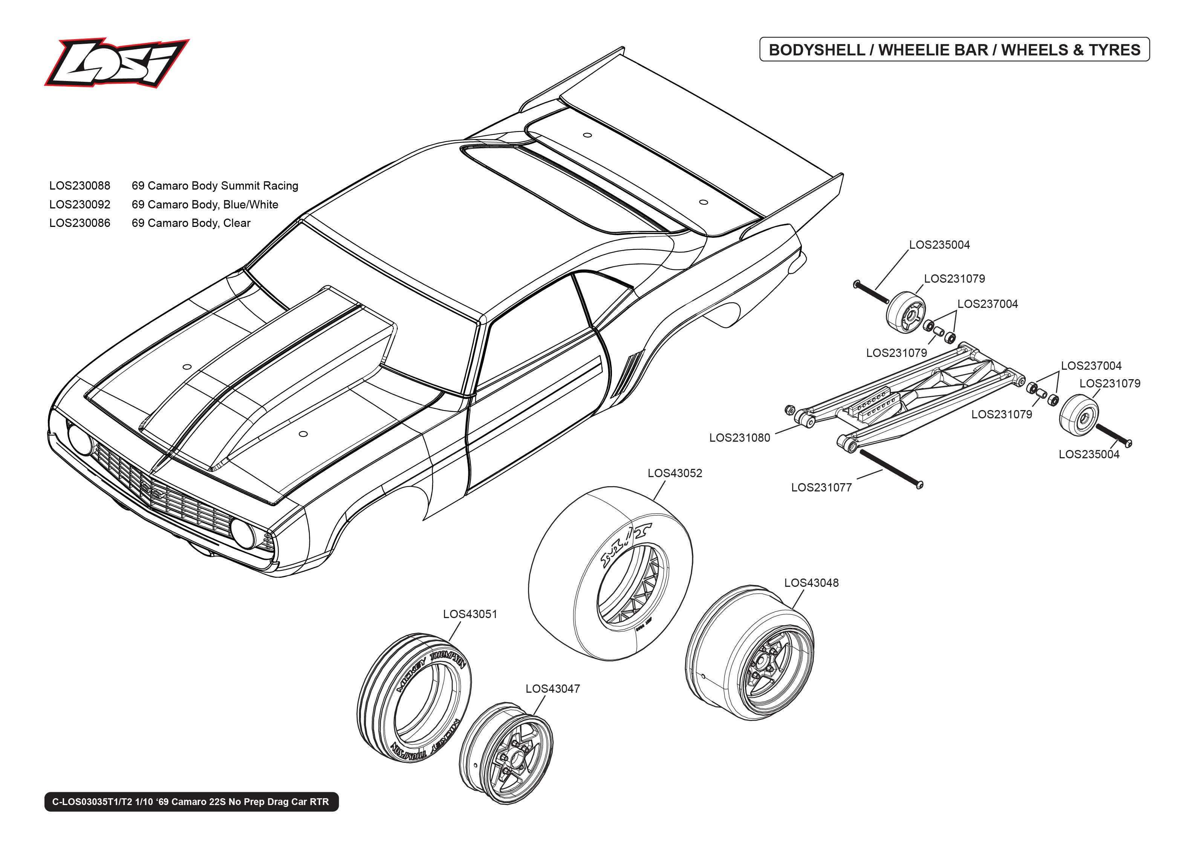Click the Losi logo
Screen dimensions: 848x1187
[116, 62]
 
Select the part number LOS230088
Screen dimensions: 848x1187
[80, 186]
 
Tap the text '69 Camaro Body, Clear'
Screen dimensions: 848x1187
[191, 223]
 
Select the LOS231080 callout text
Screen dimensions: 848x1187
[739, 438]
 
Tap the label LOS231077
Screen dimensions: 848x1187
[821, 488]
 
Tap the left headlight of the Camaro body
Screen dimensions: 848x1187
[80, 439]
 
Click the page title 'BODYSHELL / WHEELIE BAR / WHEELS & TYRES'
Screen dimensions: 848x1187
[954, 50]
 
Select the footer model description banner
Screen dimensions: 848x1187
[191, 802]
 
